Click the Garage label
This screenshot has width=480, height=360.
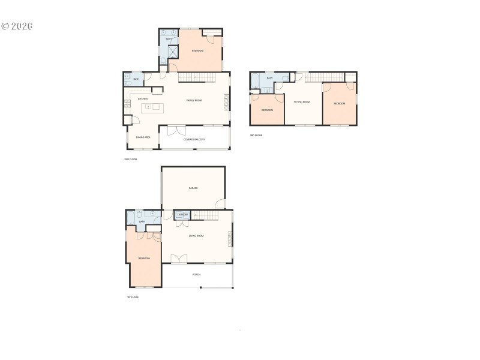(x=193, y=188)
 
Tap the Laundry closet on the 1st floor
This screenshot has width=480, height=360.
(x=183, y=215)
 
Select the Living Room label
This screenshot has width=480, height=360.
(x=196, y=236)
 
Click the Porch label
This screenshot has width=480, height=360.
(x=196, y=274)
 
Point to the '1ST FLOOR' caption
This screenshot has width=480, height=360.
(x=133, y=297)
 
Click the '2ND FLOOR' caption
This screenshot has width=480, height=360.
(x=130, y=159)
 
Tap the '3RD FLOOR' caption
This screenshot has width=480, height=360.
(x=256, y=135)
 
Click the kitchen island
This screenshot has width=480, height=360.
(x=152, y=107)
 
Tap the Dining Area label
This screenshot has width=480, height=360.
(x=143, y=137)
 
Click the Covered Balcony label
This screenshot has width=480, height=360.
(x=194, y=139)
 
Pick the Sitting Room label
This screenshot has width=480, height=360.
(x=301, y=102)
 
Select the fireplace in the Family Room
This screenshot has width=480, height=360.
(x=227, y=101)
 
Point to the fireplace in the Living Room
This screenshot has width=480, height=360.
(x=229, y=238)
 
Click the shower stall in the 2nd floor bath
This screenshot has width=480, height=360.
(x=172, y=52)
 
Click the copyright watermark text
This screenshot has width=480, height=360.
(x=16, y=26)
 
